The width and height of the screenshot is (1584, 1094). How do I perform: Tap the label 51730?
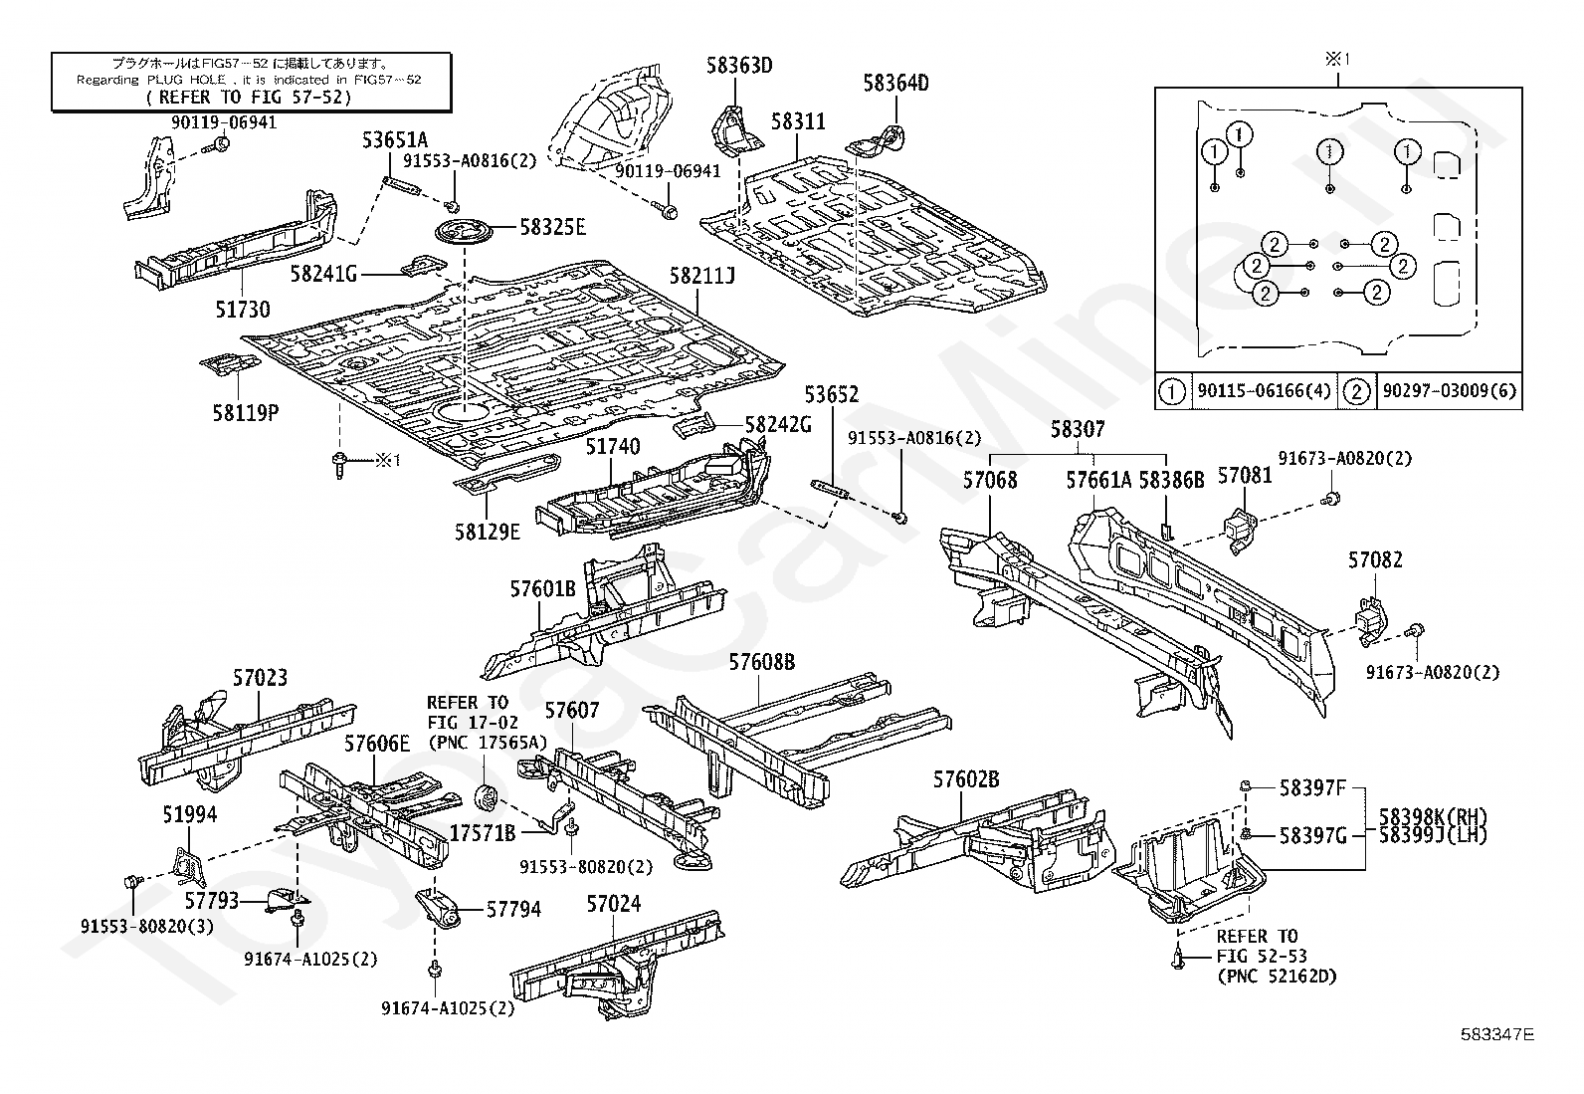pyautogui.click(x=242, y=311)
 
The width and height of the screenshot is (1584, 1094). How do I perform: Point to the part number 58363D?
pyautogui.click(x=739, y=67)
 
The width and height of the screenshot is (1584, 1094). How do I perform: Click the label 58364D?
pyautogui.click(x=894, y=83)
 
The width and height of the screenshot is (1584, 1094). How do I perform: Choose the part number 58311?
pyautogui.click(x=798, y=121)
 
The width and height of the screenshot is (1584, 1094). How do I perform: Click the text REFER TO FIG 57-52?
pyautogui.click(x=250, y=98)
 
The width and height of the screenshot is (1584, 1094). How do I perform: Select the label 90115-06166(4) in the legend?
pyautogui.click(x=1263, y=391)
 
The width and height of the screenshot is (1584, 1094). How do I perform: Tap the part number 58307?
pyautogui.click(x=1078, y=430)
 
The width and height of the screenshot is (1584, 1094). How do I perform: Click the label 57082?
pyautogui.click(x=1375, y=559)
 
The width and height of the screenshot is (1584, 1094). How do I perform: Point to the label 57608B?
pyautogui.click(x=761, y=661)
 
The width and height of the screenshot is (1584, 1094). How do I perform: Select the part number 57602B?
pyautogui.click(x=965, y=779)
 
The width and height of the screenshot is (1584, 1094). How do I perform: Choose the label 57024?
pyautogui.click(x=613, y=905)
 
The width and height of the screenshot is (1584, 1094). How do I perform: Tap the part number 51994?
pyautogui.click(x=189, y=814)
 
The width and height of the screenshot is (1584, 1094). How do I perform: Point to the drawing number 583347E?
pyautogui.click(x=1496, y=1034)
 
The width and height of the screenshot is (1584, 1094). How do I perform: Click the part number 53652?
pyautogui.click(x=831, y=395)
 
